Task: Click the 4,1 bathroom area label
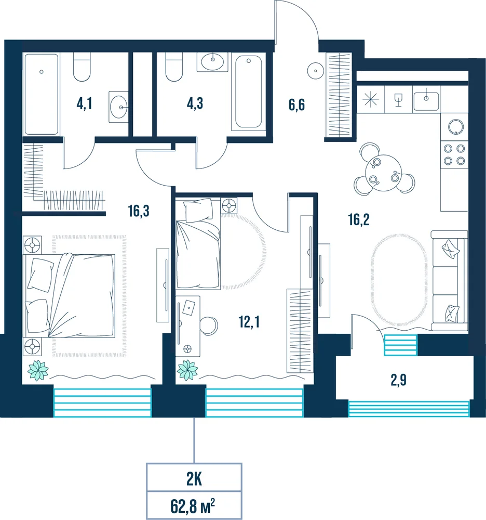pyautogui.click(x=84, y=104)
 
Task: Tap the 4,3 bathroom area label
pyautogui.click(x=195, y=103)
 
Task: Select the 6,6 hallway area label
pyautogui.click(x=296, y=105)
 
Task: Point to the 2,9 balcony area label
pyautogui.click(x=398, y=380)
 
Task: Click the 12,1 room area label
pyautogui.click(x=249, y=322)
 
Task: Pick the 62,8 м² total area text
pyautogui.click(x=193, y=506)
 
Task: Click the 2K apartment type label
pyautogui.click(x=194, y=479)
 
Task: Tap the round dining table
pyautogui.click(x=383, y=173)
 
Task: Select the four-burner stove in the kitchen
pyautogui.click(x=454, y=154)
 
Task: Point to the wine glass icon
pyautogui.click(x=398, y=100)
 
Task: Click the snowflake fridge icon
pyautogui.click(x=370, y=99)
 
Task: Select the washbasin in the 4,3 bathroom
pyautogui.click(x=212, y=62)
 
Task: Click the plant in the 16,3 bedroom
pyautogui.click(x=38, y=370)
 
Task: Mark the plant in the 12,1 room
pyautogui.click(x=187, y=370)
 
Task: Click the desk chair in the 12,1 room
pyautogui.click(x=209, y=326)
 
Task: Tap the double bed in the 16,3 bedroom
pyautogui.click(x=69, y=295)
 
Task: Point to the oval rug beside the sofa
pyautogui.click(x=400, y=280)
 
